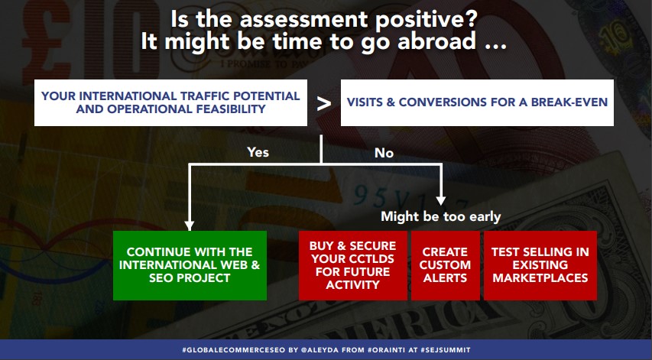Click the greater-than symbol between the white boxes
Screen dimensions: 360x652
(323, 103)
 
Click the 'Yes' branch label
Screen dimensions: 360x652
(258, 152)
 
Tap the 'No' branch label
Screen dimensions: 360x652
(384, 153)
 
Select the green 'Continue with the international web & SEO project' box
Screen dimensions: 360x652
(189, 265)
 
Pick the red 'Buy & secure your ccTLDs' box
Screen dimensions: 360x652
(352, 265)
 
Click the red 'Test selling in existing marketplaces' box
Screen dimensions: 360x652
(540, 265)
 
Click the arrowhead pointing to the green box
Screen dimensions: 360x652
(189, 225)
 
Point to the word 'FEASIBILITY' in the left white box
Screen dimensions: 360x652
(228, 109)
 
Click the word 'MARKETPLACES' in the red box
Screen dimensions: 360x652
(540, 277)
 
